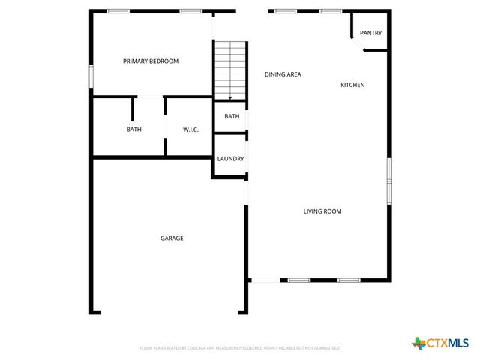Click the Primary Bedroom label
click(x=151, y=61)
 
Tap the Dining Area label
click(x=283, y=74)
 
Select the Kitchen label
click(x=352, y=85)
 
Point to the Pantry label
click(x=370, y=33)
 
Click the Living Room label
click(x=322, y=211)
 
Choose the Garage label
click(x=172, y=238)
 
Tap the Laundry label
click(x=230, y=159)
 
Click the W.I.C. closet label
click(x=190, y=130)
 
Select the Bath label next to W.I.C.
click(x=133, y=130)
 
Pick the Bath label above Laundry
click(x=232, y=116)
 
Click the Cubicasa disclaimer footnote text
click(x=240, y=348)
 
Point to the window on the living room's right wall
click(x=388, y=181)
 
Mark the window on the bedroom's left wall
click(x=91, y=76)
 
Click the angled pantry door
click(x=355, y=44)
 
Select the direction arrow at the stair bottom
click(x=230, y=97)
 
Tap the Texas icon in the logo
click(x=418, y=343)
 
